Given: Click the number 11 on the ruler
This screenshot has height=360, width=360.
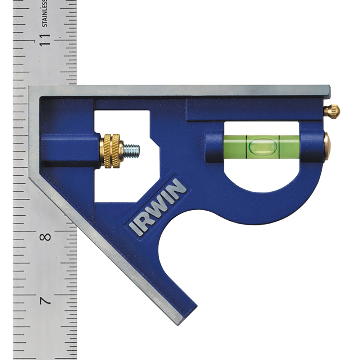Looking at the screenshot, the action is click(45, 40).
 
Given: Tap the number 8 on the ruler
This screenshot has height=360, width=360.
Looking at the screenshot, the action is click(45, 237).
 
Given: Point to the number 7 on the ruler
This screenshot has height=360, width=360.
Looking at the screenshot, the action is click(45, 301).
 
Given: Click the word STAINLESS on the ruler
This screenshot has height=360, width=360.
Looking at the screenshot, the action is click(45, 13).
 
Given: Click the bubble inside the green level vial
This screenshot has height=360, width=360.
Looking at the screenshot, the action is click(262, 147).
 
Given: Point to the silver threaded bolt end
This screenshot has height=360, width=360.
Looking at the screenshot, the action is click(131, 150).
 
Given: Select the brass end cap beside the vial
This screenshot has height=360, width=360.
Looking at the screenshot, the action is click(327, 146).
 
